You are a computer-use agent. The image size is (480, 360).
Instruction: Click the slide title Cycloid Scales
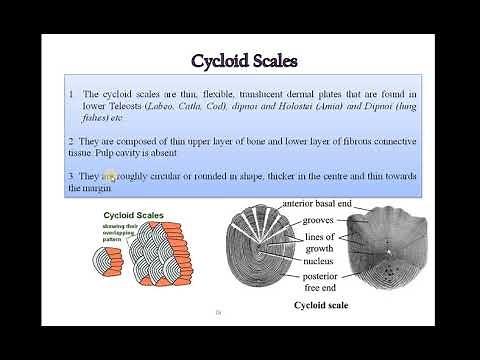coord(245,61)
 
